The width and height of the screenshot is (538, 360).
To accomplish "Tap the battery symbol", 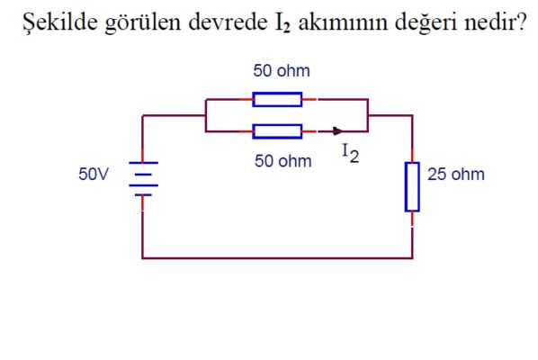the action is [x=143, y=179].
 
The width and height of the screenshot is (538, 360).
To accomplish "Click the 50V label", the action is [x=94, y=174].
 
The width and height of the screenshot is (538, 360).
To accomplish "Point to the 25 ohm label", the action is [x=456, y=175].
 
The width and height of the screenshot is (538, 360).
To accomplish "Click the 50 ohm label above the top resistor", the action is [x=282, y=71].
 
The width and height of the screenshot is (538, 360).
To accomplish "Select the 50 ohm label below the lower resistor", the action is [x=283, y=161].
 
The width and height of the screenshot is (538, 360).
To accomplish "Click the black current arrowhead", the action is [x=337, y=131].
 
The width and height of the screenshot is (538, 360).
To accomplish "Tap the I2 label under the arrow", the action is [x=351, y=153].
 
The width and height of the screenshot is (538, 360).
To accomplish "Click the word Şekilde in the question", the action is [x=60, y=22].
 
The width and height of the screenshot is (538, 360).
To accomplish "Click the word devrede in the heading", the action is [x=228, y=22].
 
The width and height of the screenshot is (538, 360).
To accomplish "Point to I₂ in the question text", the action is [x=282, y=23].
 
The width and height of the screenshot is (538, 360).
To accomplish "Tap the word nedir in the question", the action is [x=489, y=22].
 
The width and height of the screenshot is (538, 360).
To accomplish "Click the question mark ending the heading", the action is [x=520, y=22].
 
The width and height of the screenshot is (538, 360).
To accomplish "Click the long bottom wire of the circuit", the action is [x=277, y=258].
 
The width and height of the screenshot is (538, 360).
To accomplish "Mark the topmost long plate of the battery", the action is [x=143, y=162].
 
